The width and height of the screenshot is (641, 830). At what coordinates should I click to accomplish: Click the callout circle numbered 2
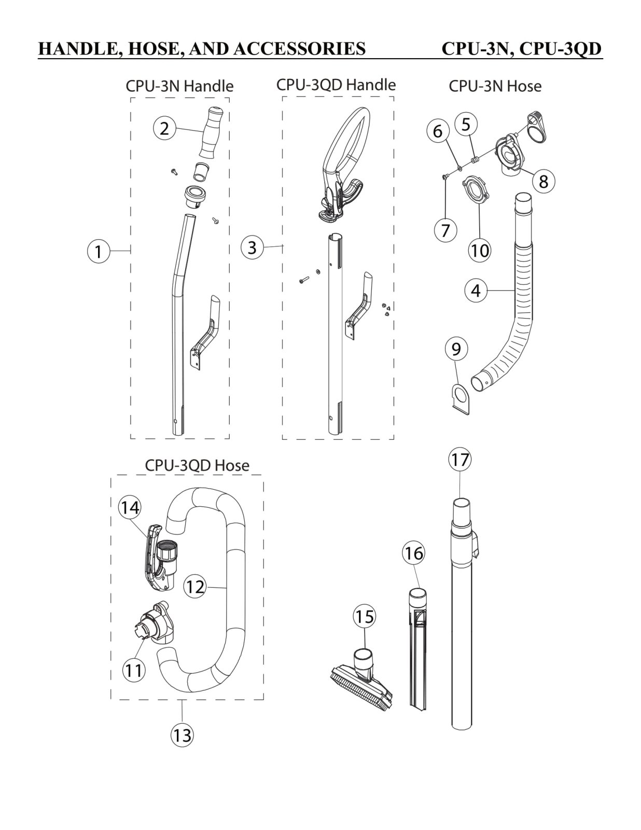point(164,128)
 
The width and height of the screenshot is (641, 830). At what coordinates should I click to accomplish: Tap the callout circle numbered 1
point(99,252)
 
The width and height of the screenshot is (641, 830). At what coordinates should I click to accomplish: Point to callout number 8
point(544,181)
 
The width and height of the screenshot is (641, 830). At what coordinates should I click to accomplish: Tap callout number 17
point(459,460)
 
